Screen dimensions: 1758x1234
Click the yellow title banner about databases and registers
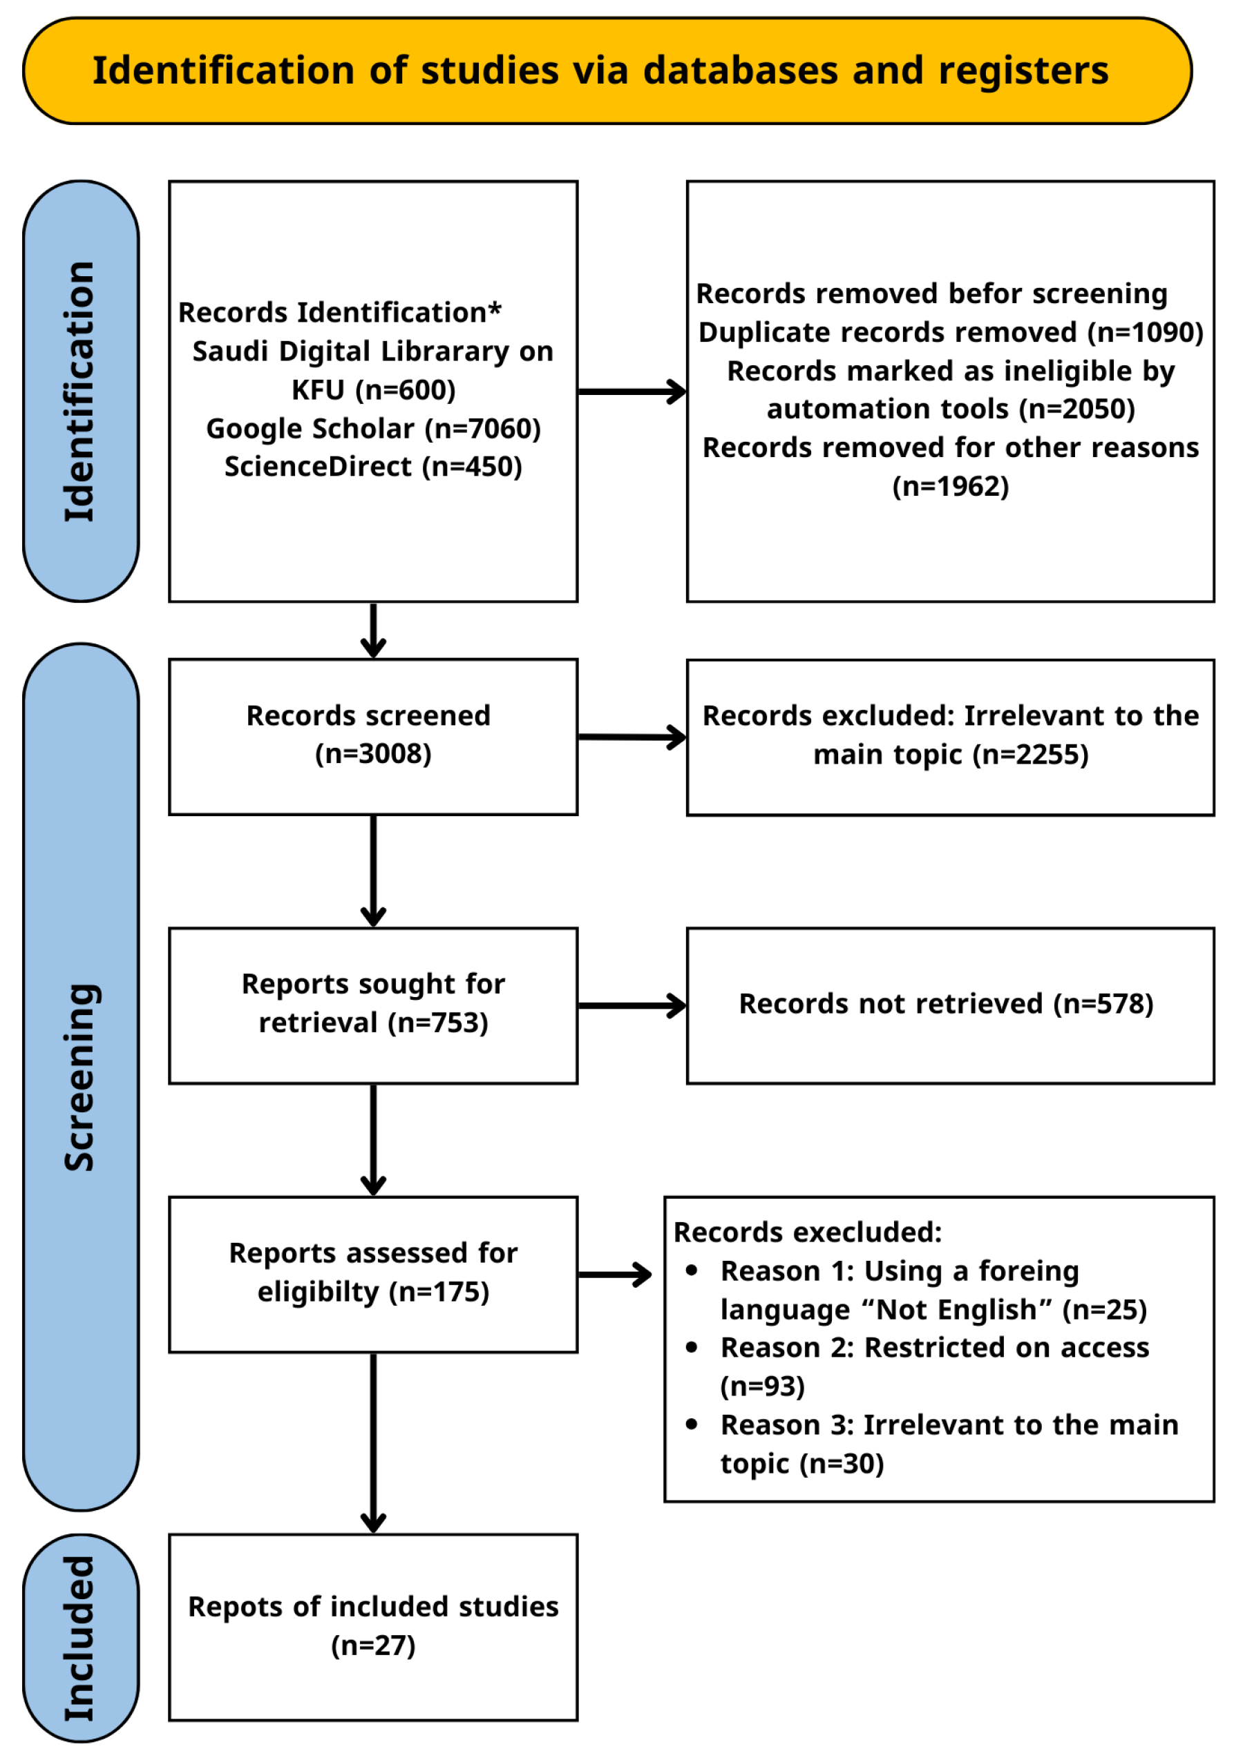607,70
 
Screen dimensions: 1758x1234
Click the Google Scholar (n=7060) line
373,429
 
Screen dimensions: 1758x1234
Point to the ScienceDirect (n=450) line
373,467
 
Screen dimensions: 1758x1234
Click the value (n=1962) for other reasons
950,487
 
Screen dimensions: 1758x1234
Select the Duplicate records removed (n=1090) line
950,332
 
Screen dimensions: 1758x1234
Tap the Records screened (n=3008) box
373,736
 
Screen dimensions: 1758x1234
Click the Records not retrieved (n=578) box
950,1005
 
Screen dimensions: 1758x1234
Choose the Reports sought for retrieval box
373,1005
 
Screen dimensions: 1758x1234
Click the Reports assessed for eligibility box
373,1274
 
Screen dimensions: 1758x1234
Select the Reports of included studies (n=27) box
373,1626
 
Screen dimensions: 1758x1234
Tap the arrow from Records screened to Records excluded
632,737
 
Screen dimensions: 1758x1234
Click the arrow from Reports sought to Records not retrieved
632,1005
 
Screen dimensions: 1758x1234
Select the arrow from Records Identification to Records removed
632,392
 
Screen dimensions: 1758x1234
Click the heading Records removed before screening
931,294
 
